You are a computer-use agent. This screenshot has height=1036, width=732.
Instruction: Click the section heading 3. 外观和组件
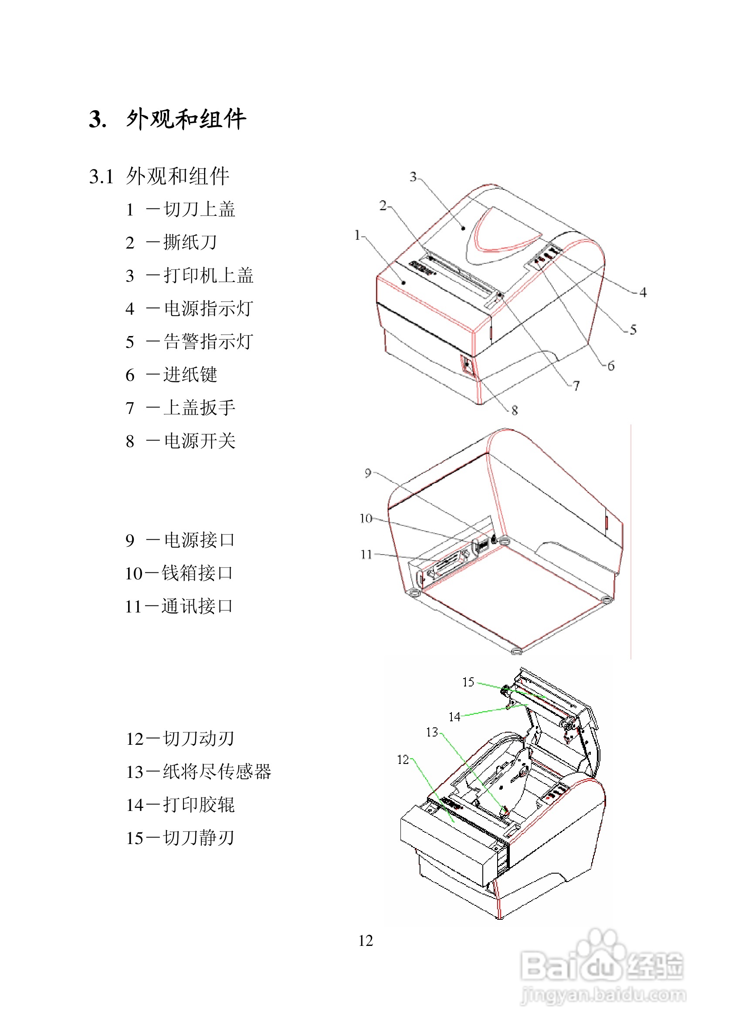(167, 120)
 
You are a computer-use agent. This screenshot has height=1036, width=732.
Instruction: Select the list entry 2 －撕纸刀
(172, 242)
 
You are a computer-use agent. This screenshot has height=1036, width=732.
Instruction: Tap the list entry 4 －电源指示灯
(190, 309)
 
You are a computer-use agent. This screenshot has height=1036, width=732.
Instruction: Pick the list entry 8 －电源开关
(181, 441)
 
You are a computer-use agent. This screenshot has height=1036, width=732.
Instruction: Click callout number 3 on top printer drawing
(413, 177)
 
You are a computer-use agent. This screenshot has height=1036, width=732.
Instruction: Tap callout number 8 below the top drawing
(514, 410)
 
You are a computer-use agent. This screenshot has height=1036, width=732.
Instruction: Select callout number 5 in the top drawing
(633, 330)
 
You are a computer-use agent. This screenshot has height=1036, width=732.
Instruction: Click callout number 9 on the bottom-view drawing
(368, 473)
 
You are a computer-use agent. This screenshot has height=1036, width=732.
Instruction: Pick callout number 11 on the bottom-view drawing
(366, 554)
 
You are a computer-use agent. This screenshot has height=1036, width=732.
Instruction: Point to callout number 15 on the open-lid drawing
(468, 682)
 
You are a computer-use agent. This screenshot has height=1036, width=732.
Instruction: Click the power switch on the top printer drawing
(468, 367)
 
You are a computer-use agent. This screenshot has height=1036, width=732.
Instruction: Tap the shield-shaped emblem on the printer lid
(501, 235)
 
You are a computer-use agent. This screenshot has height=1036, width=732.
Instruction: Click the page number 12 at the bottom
(365, 940)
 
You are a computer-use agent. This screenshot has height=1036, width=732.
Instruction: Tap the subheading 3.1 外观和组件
(159, 176)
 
